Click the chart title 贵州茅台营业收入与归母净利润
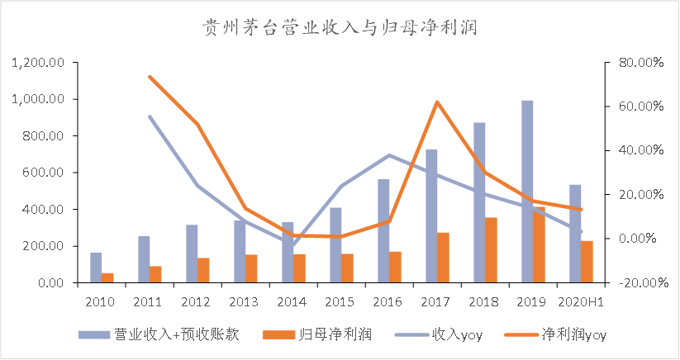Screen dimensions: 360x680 pyautogui.click(x=340, y=27)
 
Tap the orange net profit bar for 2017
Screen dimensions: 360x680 pyautogui.click(x=443, y=258)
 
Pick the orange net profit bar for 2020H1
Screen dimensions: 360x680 pyautogui.click(x=587, y=262)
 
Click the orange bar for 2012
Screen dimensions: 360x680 pyautogui.click(x=203, y=270)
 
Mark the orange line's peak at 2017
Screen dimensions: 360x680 pyautogui.click(x=437, y=102)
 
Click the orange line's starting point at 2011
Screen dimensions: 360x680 pyautogui.click(x=150, y=77)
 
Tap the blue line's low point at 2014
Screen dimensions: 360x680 pyautogui.click(x=293, y=245)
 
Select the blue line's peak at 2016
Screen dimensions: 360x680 pyautogui.click(x=389, y=155)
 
